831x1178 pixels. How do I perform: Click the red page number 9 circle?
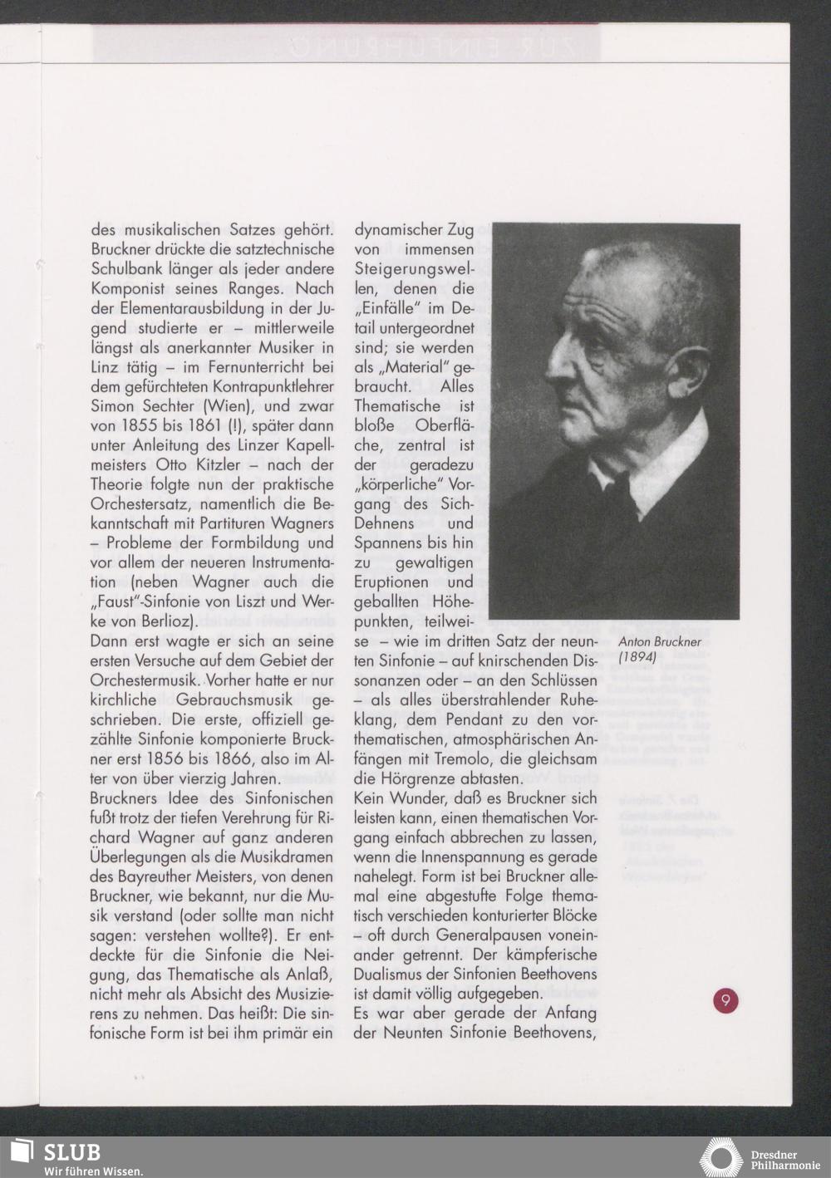725,1000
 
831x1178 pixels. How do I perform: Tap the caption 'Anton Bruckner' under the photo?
661,641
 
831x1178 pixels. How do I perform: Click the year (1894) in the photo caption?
638,656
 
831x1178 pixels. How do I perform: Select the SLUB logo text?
72,1152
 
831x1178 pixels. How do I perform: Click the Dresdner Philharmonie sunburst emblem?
720,1158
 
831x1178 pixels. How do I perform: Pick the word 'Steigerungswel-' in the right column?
414,269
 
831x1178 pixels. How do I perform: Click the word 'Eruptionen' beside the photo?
390,582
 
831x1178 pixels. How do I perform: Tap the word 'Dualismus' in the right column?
392,974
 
